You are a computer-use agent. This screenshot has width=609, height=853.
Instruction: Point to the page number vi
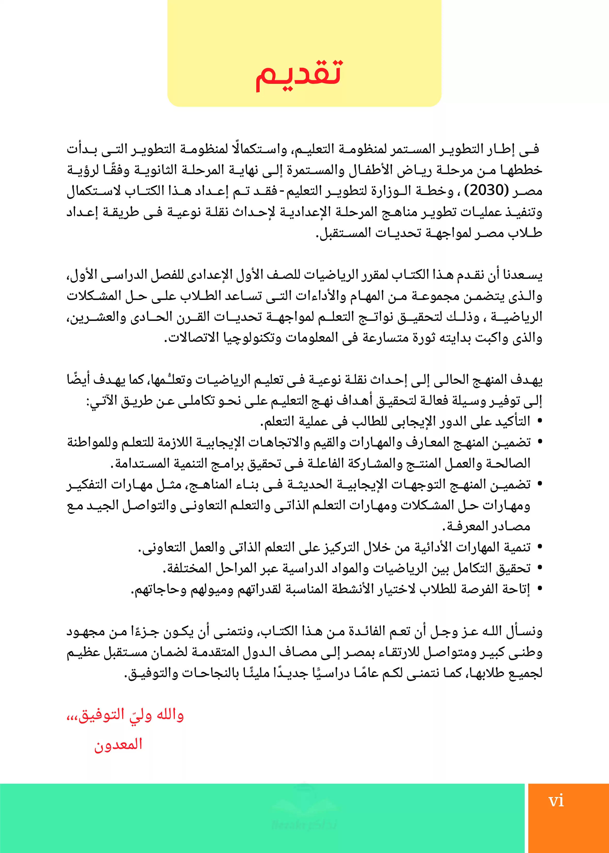(x=556, y=801)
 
